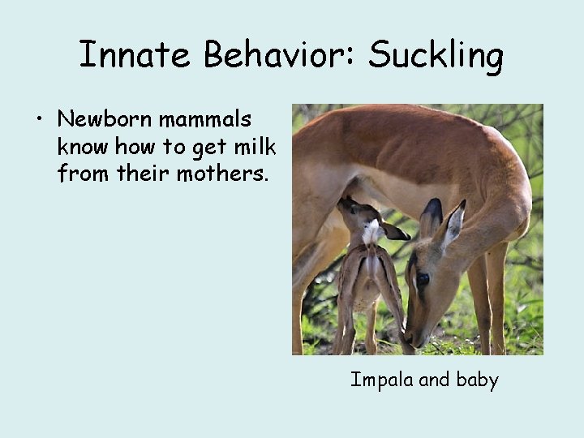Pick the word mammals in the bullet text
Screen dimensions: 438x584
tap(205, 120)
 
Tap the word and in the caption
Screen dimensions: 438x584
tap(433, 380)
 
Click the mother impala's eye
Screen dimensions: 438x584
tap(423, 279)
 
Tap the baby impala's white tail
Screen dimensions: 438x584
tap(371, 234)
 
